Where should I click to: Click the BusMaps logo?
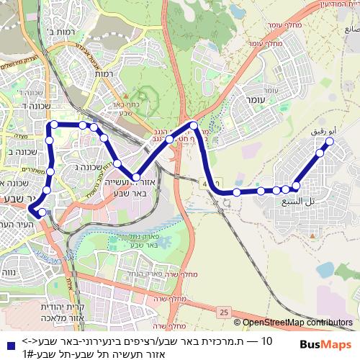coord(326,344)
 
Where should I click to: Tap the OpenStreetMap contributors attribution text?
coord(297,323)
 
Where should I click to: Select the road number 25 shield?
coord(225,312)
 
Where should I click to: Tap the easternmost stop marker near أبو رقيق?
coord(330,142)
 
